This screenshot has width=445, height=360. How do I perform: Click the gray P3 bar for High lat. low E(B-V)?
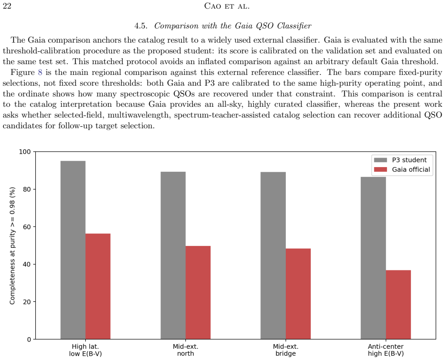click(x=73, y=250)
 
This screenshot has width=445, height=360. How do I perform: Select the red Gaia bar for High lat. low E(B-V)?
click(x=98, y=286)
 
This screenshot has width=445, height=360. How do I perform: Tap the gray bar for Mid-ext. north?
click(x=173, y=255)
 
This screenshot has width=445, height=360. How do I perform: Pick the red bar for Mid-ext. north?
click(x=198, y=292)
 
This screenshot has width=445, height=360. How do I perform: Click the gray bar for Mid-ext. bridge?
click(x=273, y=255)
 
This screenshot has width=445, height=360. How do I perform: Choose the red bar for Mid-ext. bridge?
click(x=298, y=294)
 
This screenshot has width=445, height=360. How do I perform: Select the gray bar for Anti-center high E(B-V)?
click(x=373, y=258)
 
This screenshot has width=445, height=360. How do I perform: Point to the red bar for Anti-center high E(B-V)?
click(x=399, y=304)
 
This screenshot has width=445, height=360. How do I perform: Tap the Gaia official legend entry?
click(x=402, y=170)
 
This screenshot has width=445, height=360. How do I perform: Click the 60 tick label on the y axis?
click(x=27, y=227)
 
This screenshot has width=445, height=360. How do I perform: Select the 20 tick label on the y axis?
click(x=27, y=302)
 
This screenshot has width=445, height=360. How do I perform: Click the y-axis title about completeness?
click(x=12, y=245)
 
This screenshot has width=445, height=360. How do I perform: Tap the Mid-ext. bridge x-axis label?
click(x=285, y=350)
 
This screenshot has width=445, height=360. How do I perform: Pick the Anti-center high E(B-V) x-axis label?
click(x=386, y=350)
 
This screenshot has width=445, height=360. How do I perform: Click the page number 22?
click(x=7, y=6)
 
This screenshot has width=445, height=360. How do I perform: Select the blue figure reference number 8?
click(x=40, y=72)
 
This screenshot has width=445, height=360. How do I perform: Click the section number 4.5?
click(x=141, y=26)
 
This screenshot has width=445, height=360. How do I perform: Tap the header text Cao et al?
click(x=227, y=6)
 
